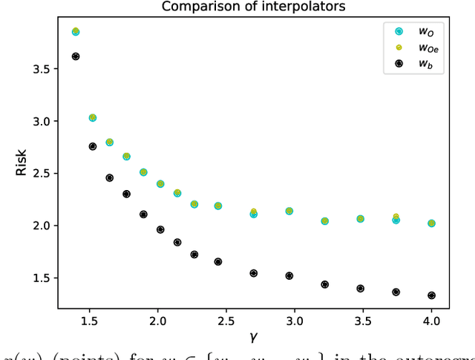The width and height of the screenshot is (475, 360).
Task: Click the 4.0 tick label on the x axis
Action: (x=431, y=321)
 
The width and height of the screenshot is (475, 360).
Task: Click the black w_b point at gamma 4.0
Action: (x=431, y=295)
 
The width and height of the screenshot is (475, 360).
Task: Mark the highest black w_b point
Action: (x=75, y=56)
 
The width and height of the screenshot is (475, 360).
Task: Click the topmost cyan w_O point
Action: (x=75, y=32)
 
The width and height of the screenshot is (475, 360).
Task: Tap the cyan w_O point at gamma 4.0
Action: (x=431, y=223)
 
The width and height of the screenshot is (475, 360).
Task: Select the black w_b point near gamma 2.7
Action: (x=253, y=273)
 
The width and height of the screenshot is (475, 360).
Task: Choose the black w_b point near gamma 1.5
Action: (x=93, y=146)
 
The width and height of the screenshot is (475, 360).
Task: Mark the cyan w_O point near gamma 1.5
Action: (x=93, y=117)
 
